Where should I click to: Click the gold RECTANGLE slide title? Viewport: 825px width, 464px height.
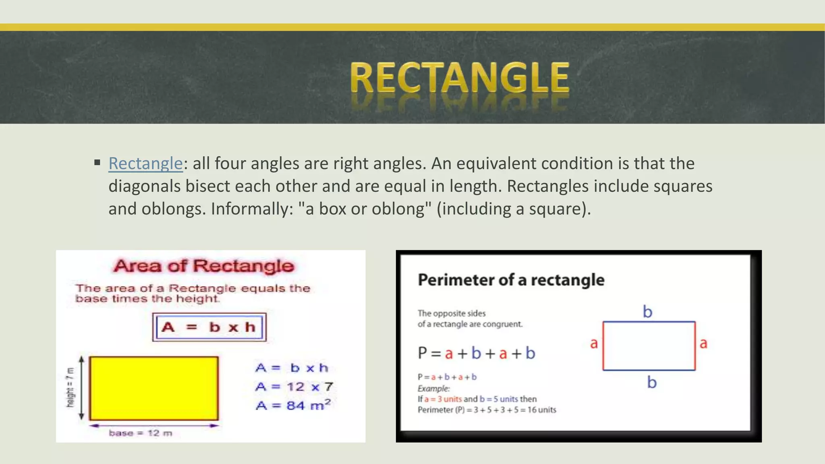click(x=459, y=78)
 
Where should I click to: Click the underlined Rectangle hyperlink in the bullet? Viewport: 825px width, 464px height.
click(x=145, y=164)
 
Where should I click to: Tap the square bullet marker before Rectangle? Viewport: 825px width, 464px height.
click(x=97, y=163)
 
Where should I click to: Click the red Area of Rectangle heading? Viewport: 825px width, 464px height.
click(x=204, y=266)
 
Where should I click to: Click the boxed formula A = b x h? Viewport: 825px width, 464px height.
click(x=209, y=327)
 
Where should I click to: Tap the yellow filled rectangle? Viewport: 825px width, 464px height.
click(x=154, y=388)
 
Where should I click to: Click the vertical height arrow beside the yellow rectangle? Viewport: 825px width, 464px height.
click(x=82, y=388)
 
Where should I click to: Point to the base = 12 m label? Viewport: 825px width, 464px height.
click(x=141, y=433)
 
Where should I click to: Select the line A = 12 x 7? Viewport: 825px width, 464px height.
click(x=294, y=387)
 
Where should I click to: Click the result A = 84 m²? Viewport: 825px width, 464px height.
click(x=293, y=405)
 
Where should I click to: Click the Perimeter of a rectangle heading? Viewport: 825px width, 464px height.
click(x=511, y=280)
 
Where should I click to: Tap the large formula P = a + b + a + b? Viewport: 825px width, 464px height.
click(x=477, y=353)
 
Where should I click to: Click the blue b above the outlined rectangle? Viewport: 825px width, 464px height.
click(x=647, y=312)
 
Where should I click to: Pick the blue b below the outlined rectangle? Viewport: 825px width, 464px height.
click(x=652, y=382)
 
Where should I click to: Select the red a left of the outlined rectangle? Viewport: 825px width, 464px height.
click(x=594, y=344)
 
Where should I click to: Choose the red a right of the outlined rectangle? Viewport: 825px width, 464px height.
click(x=703, y=344)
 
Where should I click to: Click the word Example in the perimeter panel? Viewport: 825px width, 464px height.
click(x=433, y=389)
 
